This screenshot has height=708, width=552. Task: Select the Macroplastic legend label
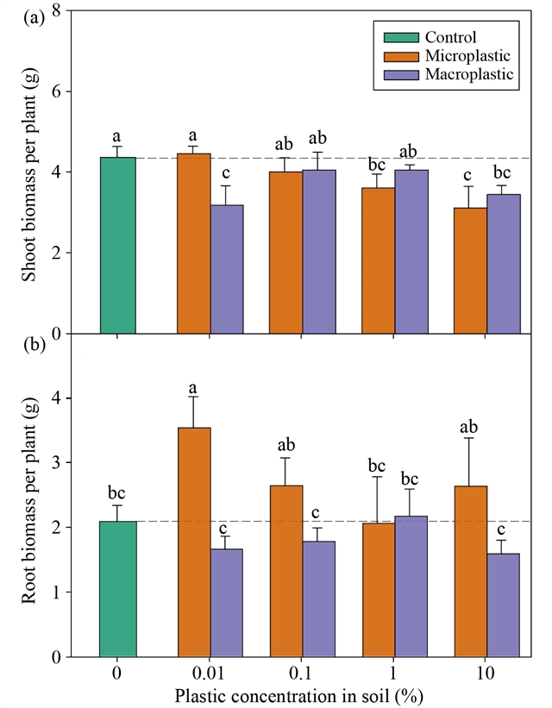(x=469, y=75)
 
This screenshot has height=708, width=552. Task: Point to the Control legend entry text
(x=450, y=37)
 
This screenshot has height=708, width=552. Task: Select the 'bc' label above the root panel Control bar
(x=117, y=493)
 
